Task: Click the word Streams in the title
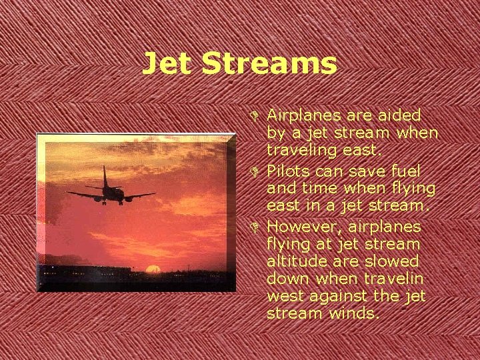pyautogui.click(x=269, y=64)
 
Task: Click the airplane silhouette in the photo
pyautogui.click(x=111, y=191)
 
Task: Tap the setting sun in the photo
pyautogui.click(x=153, y=269)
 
